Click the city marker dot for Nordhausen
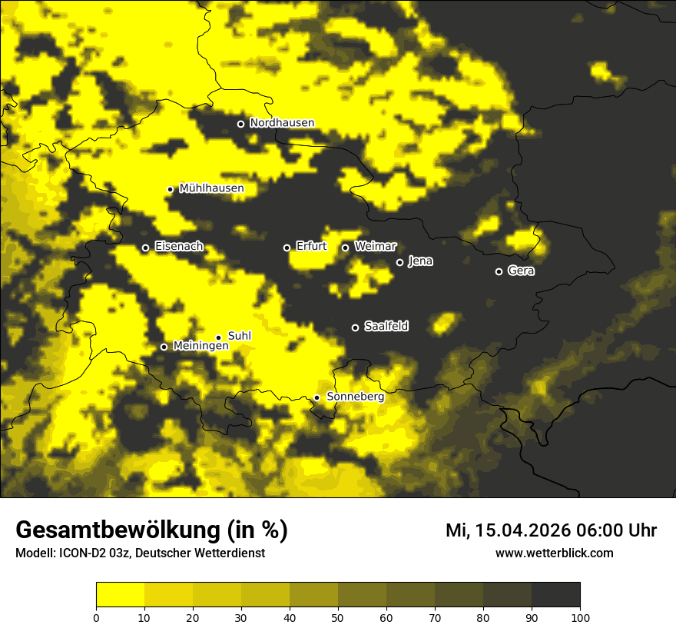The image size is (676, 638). tap(240, 124)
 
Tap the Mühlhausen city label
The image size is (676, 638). tap(211, 188)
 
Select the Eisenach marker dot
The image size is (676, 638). tap(145, 248)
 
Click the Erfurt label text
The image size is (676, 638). tap(311, 247)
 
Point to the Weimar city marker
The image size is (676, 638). tap(345, 248)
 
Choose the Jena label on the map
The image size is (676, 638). tap(420, 261)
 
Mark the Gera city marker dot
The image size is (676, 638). tap(499, 271)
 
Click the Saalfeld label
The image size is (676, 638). tap(386, 327)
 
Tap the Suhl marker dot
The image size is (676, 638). tap(218, 337)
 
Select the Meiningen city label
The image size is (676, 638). tap(200, 347)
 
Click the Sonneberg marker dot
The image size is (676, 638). tap(316, 397)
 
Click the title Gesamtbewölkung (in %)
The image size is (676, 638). tap(151, 530)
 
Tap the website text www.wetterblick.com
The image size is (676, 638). tap(554, 553)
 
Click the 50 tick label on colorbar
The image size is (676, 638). tap(338, 616)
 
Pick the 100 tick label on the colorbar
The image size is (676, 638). tap(580, 616)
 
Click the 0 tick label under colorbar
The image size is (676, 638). tap(96, 616)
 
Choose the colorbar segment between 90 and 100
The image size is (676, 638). tap(555, 594)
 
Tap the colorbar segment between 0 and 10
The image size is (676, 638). tap(120, 594)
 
